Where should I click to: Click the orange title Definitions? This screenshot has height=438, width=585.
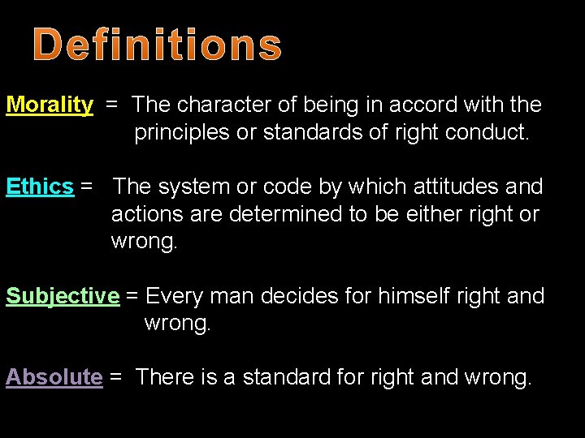point(158,45)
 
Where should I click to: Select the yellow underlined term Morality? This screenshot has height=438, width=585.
point(50,105)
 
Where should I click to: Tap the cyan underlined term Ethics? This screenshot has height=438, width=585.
point(40,187)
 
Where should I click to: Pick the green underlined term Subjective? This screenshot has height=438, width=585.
point(63,297)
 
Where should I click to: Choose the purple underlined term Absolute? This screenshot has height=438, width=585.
point(54,377)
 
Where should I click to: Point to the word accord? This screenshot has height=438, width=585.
point(416,105)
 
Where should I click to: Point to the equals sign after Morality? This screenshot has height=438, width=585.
point(112,105)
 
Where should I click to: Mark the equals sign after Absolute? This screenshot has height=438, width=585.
point(115,377)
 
